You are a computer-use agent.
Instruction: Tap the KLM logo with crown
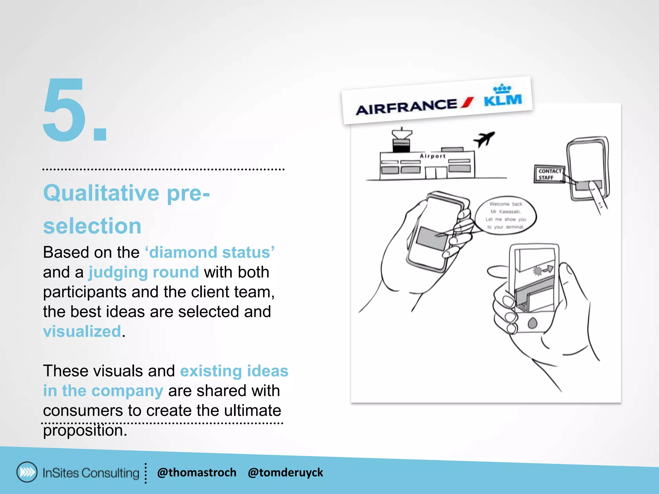click(x=503, y=96)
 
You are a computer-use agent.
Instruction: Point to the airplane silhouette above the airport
click(x=484, y=139)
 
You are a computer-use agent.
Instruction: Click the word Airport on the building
click(x=432, y=156)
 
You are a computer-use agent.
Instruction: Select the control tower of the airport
click(x=401, y=141)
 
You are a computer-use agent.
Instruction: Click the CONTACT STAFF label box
click(x=549, y=174)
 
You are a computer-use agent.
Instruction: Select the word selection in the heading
click(x=92, y=226)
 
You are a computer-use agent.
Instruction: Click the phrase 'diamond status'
click(x=210, y=252)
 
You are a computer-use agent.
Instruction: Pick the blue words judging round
click(x=144, y=272)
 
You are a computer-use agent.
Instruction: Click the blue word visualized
click(x=82, y=331)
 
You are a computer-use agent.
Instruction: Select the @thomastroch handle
click(x=197, y=472)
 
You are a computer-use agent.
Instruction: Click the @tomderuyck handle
click(x=285, y=472)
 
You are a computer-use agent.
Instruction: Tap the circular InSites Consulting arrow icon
click(x=27, y=472)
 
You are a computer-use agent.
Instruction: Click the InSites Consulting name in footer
click(x=91, y=473)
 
